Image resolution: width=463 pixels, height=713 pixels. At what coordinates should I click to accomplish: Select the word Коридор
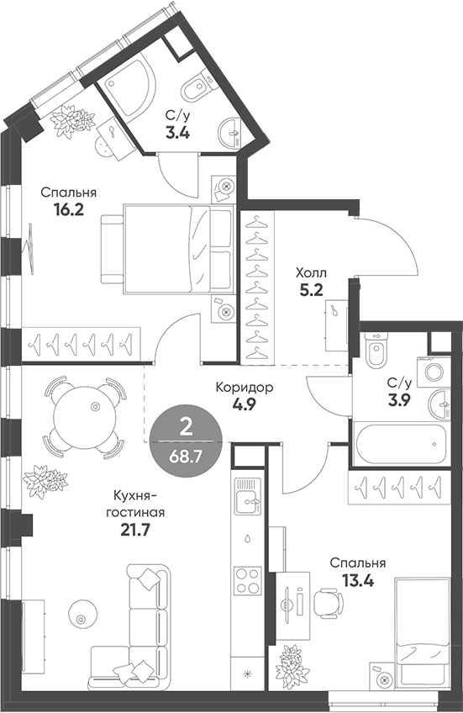(x=245, y=388)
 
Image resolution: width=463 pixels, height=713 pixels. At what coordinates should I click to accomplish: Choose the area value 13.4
(x=357, y=580)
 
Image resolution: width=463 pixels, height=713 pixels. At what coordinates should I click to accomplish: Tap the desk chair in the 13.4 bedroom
(x=329, y=602)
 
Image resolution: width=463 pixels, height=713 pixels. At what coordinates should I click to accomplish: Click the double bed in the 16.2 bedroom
(x=168, y=249)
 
